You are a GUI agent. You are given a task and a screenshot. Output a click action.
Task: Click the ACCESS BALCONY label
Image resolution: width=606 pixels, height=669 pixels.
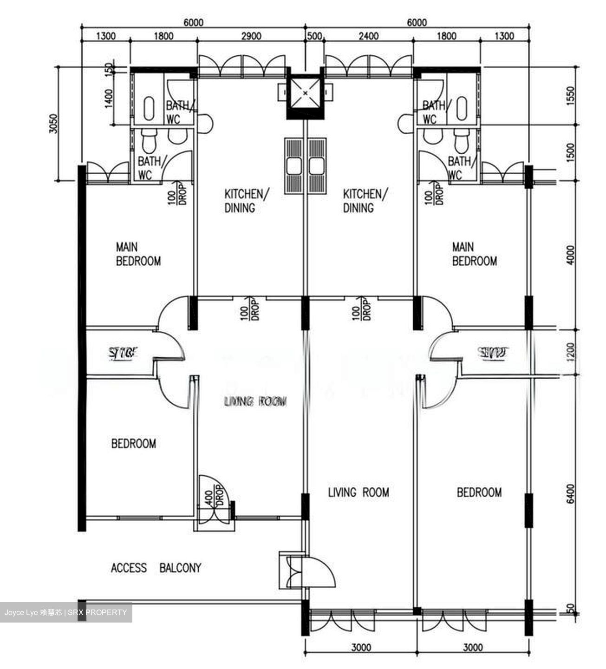pos(156,568)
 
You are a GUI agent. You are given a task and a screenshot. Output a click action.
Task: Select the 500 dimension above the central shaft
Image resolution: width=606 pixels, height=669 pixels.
pos(314,36)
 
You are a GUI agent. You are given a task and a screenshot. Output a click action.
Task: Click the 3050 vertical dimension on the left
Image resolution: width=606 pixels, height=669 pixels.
pos(54,124)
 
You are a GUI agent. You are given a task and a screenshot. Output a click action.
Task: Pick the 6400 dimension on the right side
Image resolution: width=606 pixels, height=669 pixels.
pos(571,493)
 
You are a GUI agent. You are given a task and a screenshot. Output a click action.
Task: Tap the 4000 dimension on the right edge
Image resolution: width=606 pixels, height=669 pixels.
pos(571,255)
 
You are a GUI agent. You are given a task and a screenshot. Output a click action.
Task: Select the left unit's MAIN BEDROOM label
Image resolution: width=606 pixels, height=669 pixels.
pos(138,254)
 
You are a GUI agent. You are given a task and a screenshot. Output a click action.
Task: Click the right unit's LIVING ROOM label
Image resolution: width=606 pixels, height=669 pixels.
pos(358,492)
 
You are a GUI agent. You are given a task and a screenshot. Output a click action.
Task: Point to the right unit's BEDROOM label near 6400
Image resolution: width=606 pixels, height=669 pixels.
pos(479,492)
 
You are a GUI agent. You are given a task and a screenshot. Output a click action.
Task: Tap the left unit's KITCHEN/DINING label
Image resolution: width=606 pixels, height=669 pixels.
pos(246,201)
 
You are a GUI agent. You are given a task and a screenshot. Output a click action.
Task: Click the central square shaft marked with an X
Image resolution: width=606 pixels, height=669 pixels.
pos(305,93)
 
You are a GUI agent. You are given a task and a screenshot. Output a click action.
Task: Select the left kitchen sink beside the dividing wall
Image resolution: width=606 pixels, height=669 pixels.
pos(293,165)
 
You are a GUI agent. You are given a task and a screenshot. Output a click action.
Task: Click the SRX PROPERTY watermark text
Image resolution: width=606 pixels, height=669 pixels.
pos(97,612)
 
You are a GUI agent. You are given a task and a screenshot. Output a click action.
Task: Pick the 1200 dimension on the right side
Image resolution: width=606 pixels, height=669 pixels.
pos(571,352)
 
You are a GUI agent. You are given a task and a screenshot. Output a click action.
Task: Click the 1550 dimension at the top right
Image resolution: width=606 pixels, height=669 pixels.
pos(571,96)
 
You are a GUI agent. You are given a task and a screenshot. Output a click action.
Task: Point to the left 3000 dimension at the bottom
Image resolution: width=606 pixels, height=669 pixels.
pos(361,647)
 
